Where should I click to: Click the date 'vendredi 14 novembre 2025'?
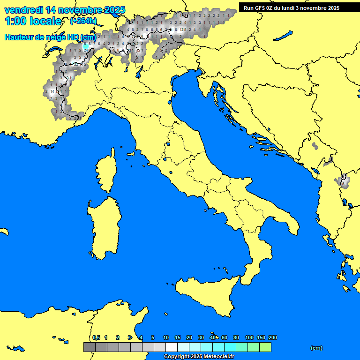point(65,10)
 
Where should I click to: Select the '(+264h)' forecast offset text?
point(83,21)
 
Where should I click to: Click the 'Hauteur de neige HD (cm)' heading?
point(50,37)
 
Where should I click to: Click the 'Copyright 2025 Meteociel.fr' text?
point(198,356)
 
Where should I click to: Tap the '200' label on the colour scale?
point(273,337)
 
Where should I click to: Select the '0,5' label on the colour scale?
point(96,337)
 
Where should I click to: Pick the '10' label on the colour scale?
point(166,337)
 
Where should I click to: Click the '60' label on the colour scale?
point(225,337)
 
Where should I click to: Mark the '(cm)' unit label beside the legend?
point(316,348)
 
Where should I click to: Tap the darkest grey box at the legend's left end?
point(89,347)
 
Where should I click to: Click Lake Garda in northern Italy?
point(139,71)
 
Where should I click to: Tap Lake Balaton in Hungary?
point(283,36)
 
